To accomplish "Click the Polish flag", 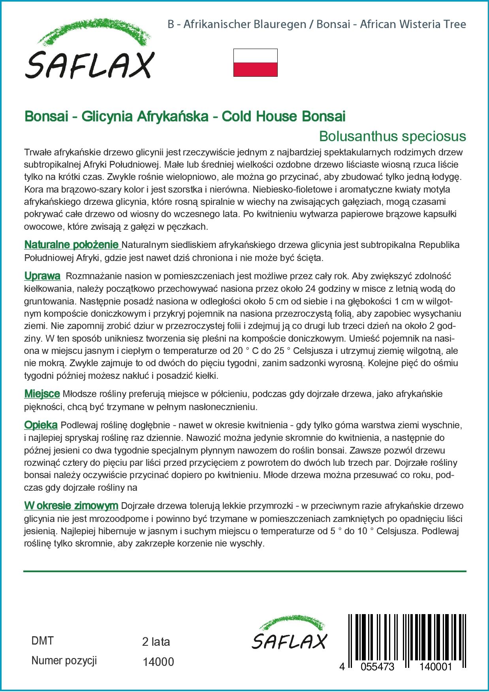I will (x=256, y=62).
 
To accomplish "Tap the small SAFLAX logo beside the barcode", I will (x=290, y=633).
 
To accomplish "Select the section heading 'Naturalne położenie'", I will (x=72, y=245).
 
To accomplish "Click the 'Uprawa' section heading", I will (x=42, y=276).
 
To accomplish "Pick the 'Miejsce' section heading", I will (x=42, y=394).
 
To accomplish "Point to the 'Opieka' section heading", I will (x=41, y=425).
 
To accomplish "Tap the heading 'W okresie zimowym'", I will (x=71, y=505).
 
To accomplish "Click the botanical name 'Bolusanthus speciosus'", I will (x=392, y=136).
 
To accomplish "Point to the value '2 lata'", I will (x=156, y=642).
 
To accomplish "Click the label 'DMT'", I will (x=42, y=641).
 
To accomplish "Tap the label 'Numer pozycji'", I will (x=64, y=661).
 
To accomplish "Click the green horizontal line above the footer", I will (x=245, y=571).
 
